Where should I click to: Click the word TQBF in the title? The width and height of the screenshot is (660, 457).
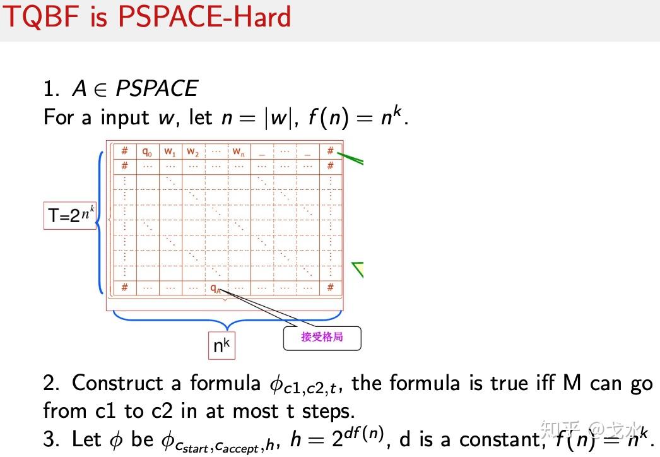click(x=44, y=16)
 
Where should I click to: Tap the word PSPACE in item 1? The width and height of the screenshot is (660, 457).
click(x=156, y=88)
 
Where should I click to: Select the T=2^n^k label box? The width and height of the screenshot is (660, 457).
click(x=70, y=216)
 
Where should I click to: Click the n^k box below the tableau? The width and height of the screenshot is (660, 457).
click(x=221, y=345)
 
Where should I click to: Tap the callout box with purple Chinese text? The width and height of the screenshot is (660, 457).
click(x=322, y=337)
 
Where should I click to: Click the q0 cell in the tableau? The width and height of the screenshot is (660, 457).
click(x=147, y=151)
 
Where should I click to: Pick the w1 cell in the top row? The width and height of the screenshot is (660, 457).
click(x=170, y=151)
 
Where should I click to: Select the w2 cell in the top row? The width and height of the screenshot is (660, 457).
click(x=192, y=151)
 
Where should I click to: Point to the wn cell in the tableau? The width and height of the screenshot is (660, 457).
click(x=238, y=151)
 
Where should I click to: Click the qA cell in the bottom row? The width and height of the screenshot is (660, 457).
click(x=216, y=287)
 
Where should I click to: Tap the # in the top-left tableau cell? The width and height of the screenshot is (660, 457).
click(x=125, y=151)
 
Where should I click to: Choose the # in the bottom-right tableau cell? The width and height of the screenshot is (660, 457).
click(x=330, y=287)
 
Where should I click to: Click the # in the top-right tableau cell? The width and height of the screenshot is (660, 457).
click(x=330, y=151)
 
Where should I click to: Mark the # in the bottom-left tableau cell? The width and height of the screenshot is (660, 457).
click(x=125, y=287)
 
